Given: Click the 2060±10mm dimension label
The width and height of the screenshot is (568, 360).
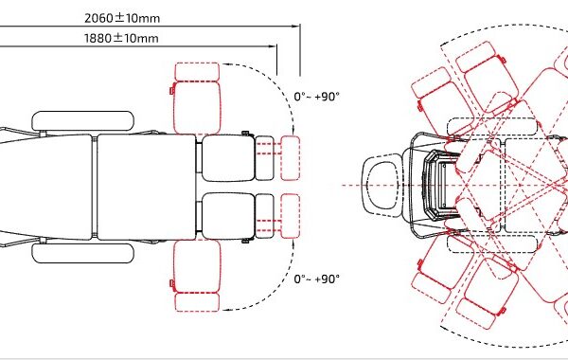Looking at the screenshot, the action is [122, 18].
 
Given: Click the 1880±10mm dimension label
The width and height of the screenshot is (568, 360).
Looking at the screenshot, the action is [121, 38].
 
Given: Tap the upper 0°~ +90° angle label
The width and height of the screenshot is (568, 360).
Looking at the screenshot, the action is [317, 97].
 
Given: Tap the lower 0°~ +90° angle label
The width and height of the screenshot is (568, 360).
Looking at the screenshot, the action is [317, 279].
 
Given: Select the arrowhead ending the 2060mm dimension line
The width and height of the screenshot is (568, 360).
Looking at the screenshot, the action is [296, 27].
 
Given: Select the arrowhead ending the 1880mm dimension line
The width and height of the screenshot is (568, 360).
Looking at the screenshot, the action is [273, 46].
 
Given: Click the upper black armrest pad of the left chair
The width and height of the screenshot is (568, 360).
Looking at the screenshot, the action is [83, 121].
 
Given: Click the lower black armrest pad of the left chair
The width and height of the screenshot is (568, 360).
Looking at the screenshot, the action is [83, 253].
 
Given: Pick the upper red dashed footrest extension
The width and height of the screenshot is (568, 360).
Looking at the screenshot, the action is [291, 158].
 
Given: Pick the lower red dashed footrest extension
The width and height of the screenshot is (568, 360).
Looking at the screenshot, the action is [291, 216].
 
